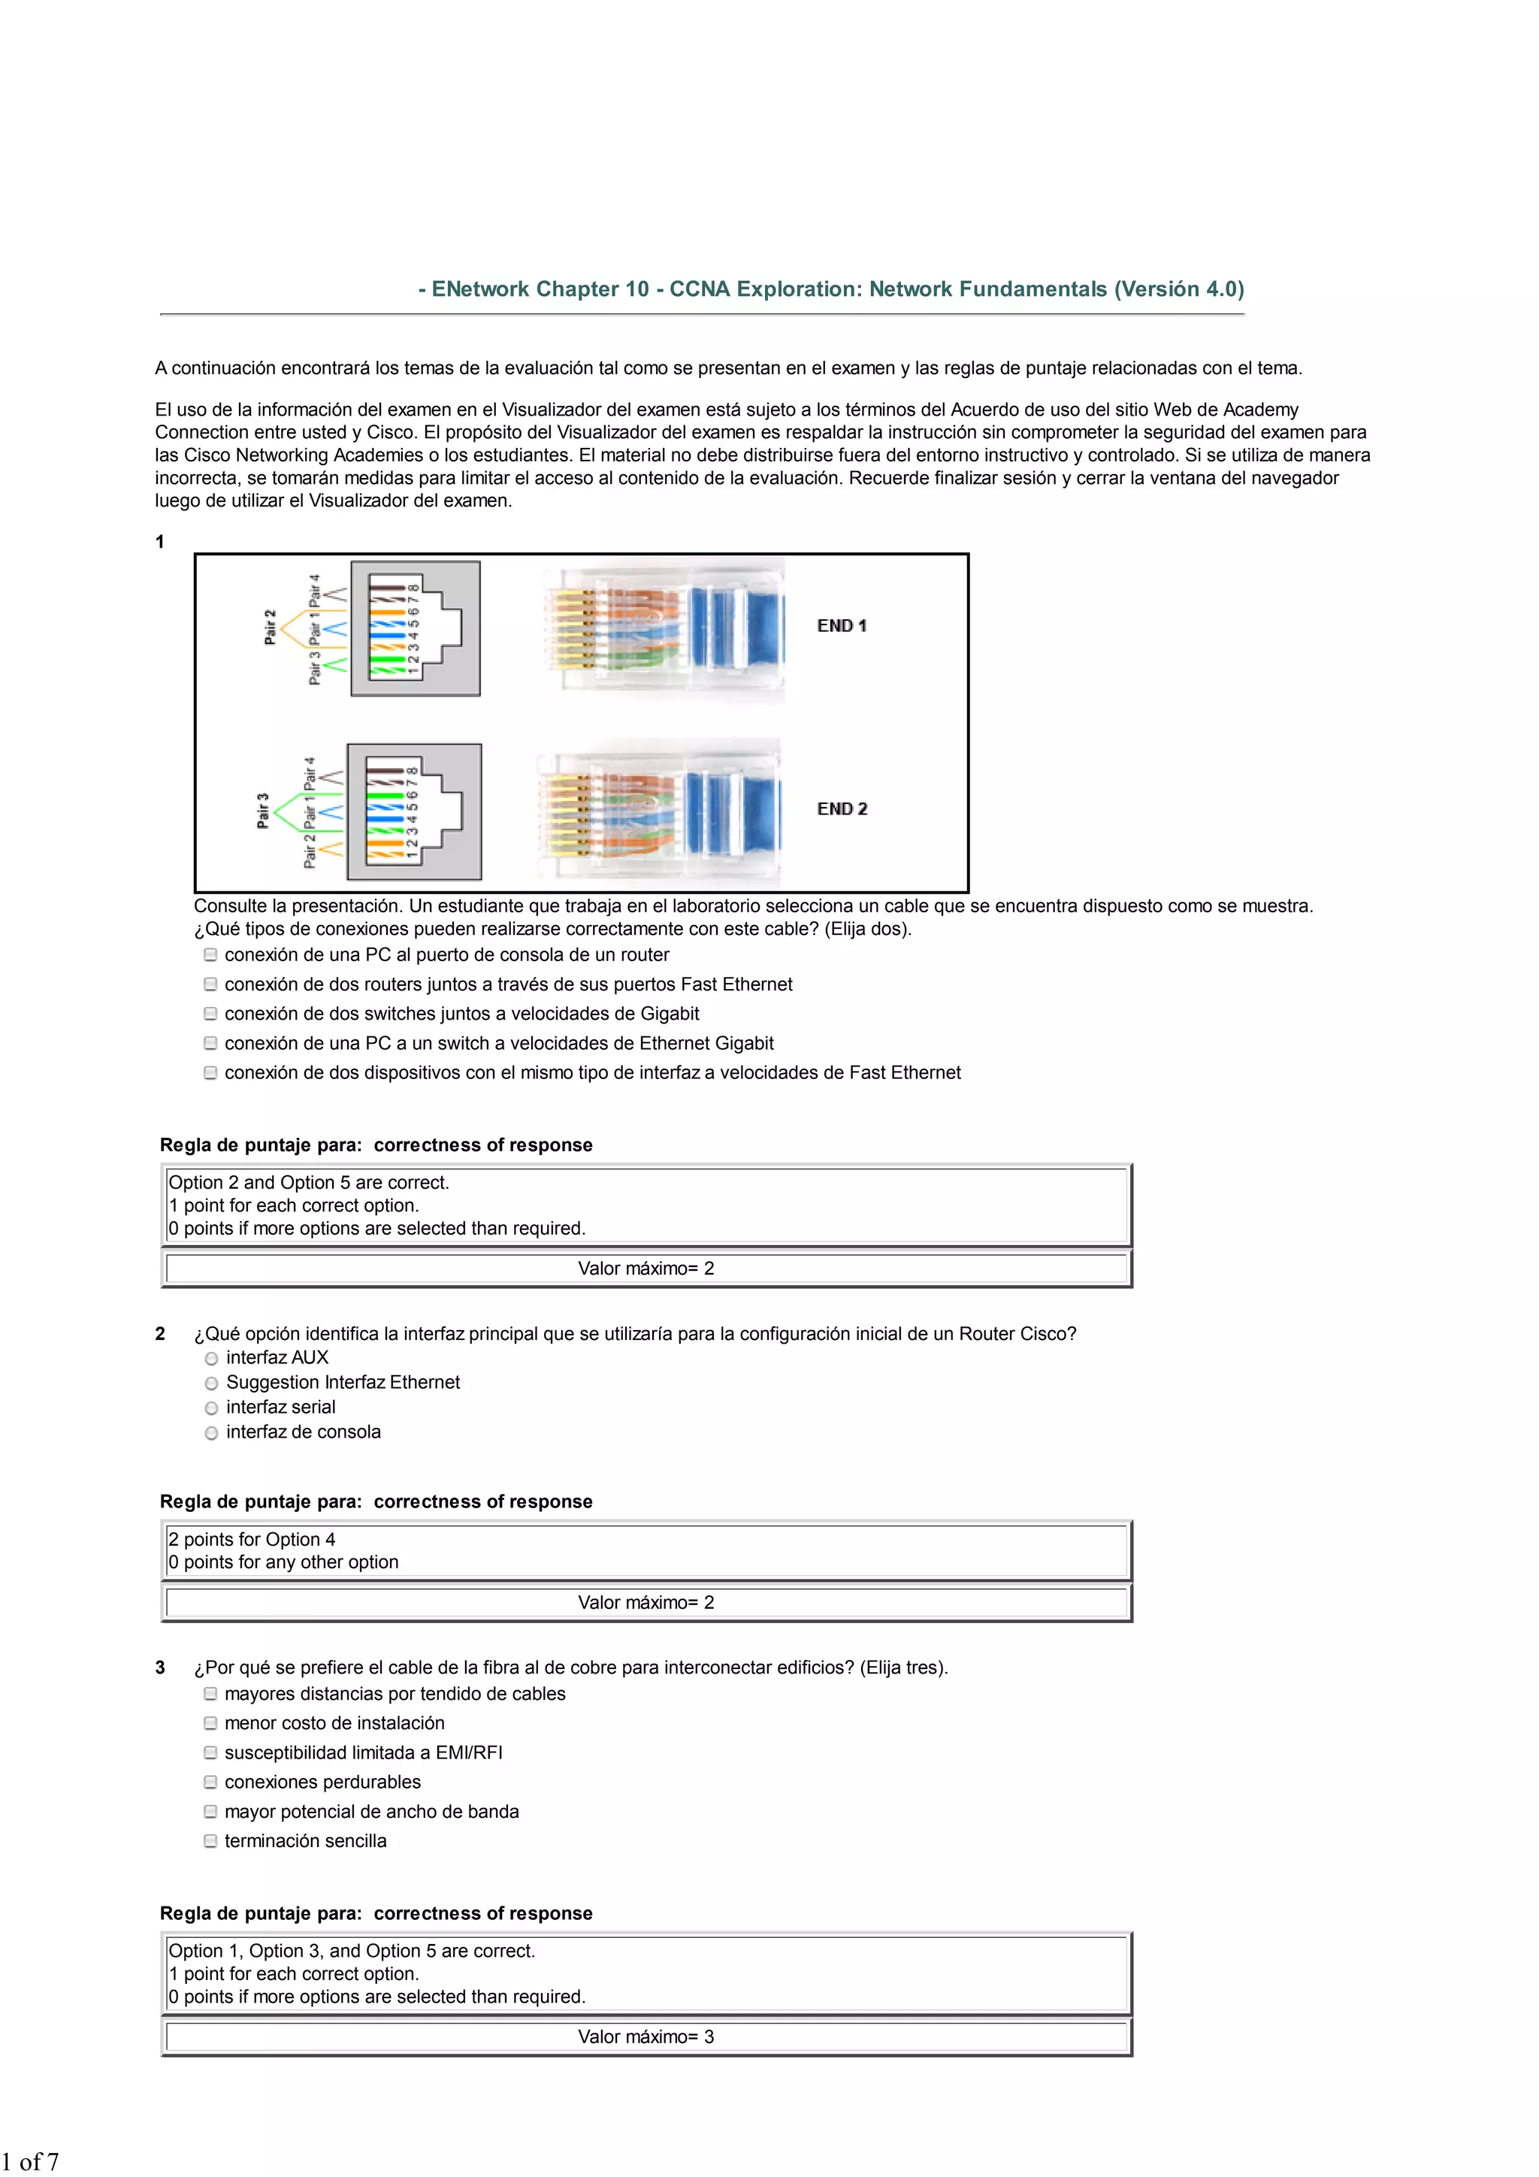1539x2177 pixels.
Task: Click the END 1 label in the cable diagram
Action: tap(841, 626)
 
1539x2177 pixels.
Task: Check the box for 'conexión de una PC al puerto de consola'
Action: tap(210, 955)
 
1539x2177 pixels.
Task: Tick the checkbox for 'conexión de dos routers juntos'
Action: tap(210, 984)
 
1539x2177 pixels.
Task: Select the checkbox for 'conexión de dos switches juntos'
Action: tap(210, 1014)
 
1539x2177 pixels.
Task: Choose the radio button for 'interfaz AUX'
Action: tap(211, 1359)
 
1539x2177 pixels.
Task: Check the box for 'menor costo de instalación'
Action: tap(210, 1723)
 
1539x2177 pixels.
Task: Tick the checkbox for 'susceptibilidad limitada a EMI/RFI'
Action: tap(210, 1752)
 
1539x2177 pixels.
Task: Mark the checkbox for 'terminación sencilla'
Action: tap(210, 1840)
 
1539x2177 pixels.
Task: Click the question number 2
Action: tap(160, 1334)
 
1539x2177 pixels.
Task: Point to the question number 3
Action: tap(160, 1668)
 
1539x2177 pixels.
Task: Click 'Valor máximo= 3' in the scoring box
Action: tap(646, 2036)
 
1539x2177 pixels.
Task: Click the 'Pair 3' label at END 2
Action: tap(264, 811)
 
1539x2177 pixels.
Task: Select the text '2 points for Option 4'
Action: tap(252, 1539)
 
